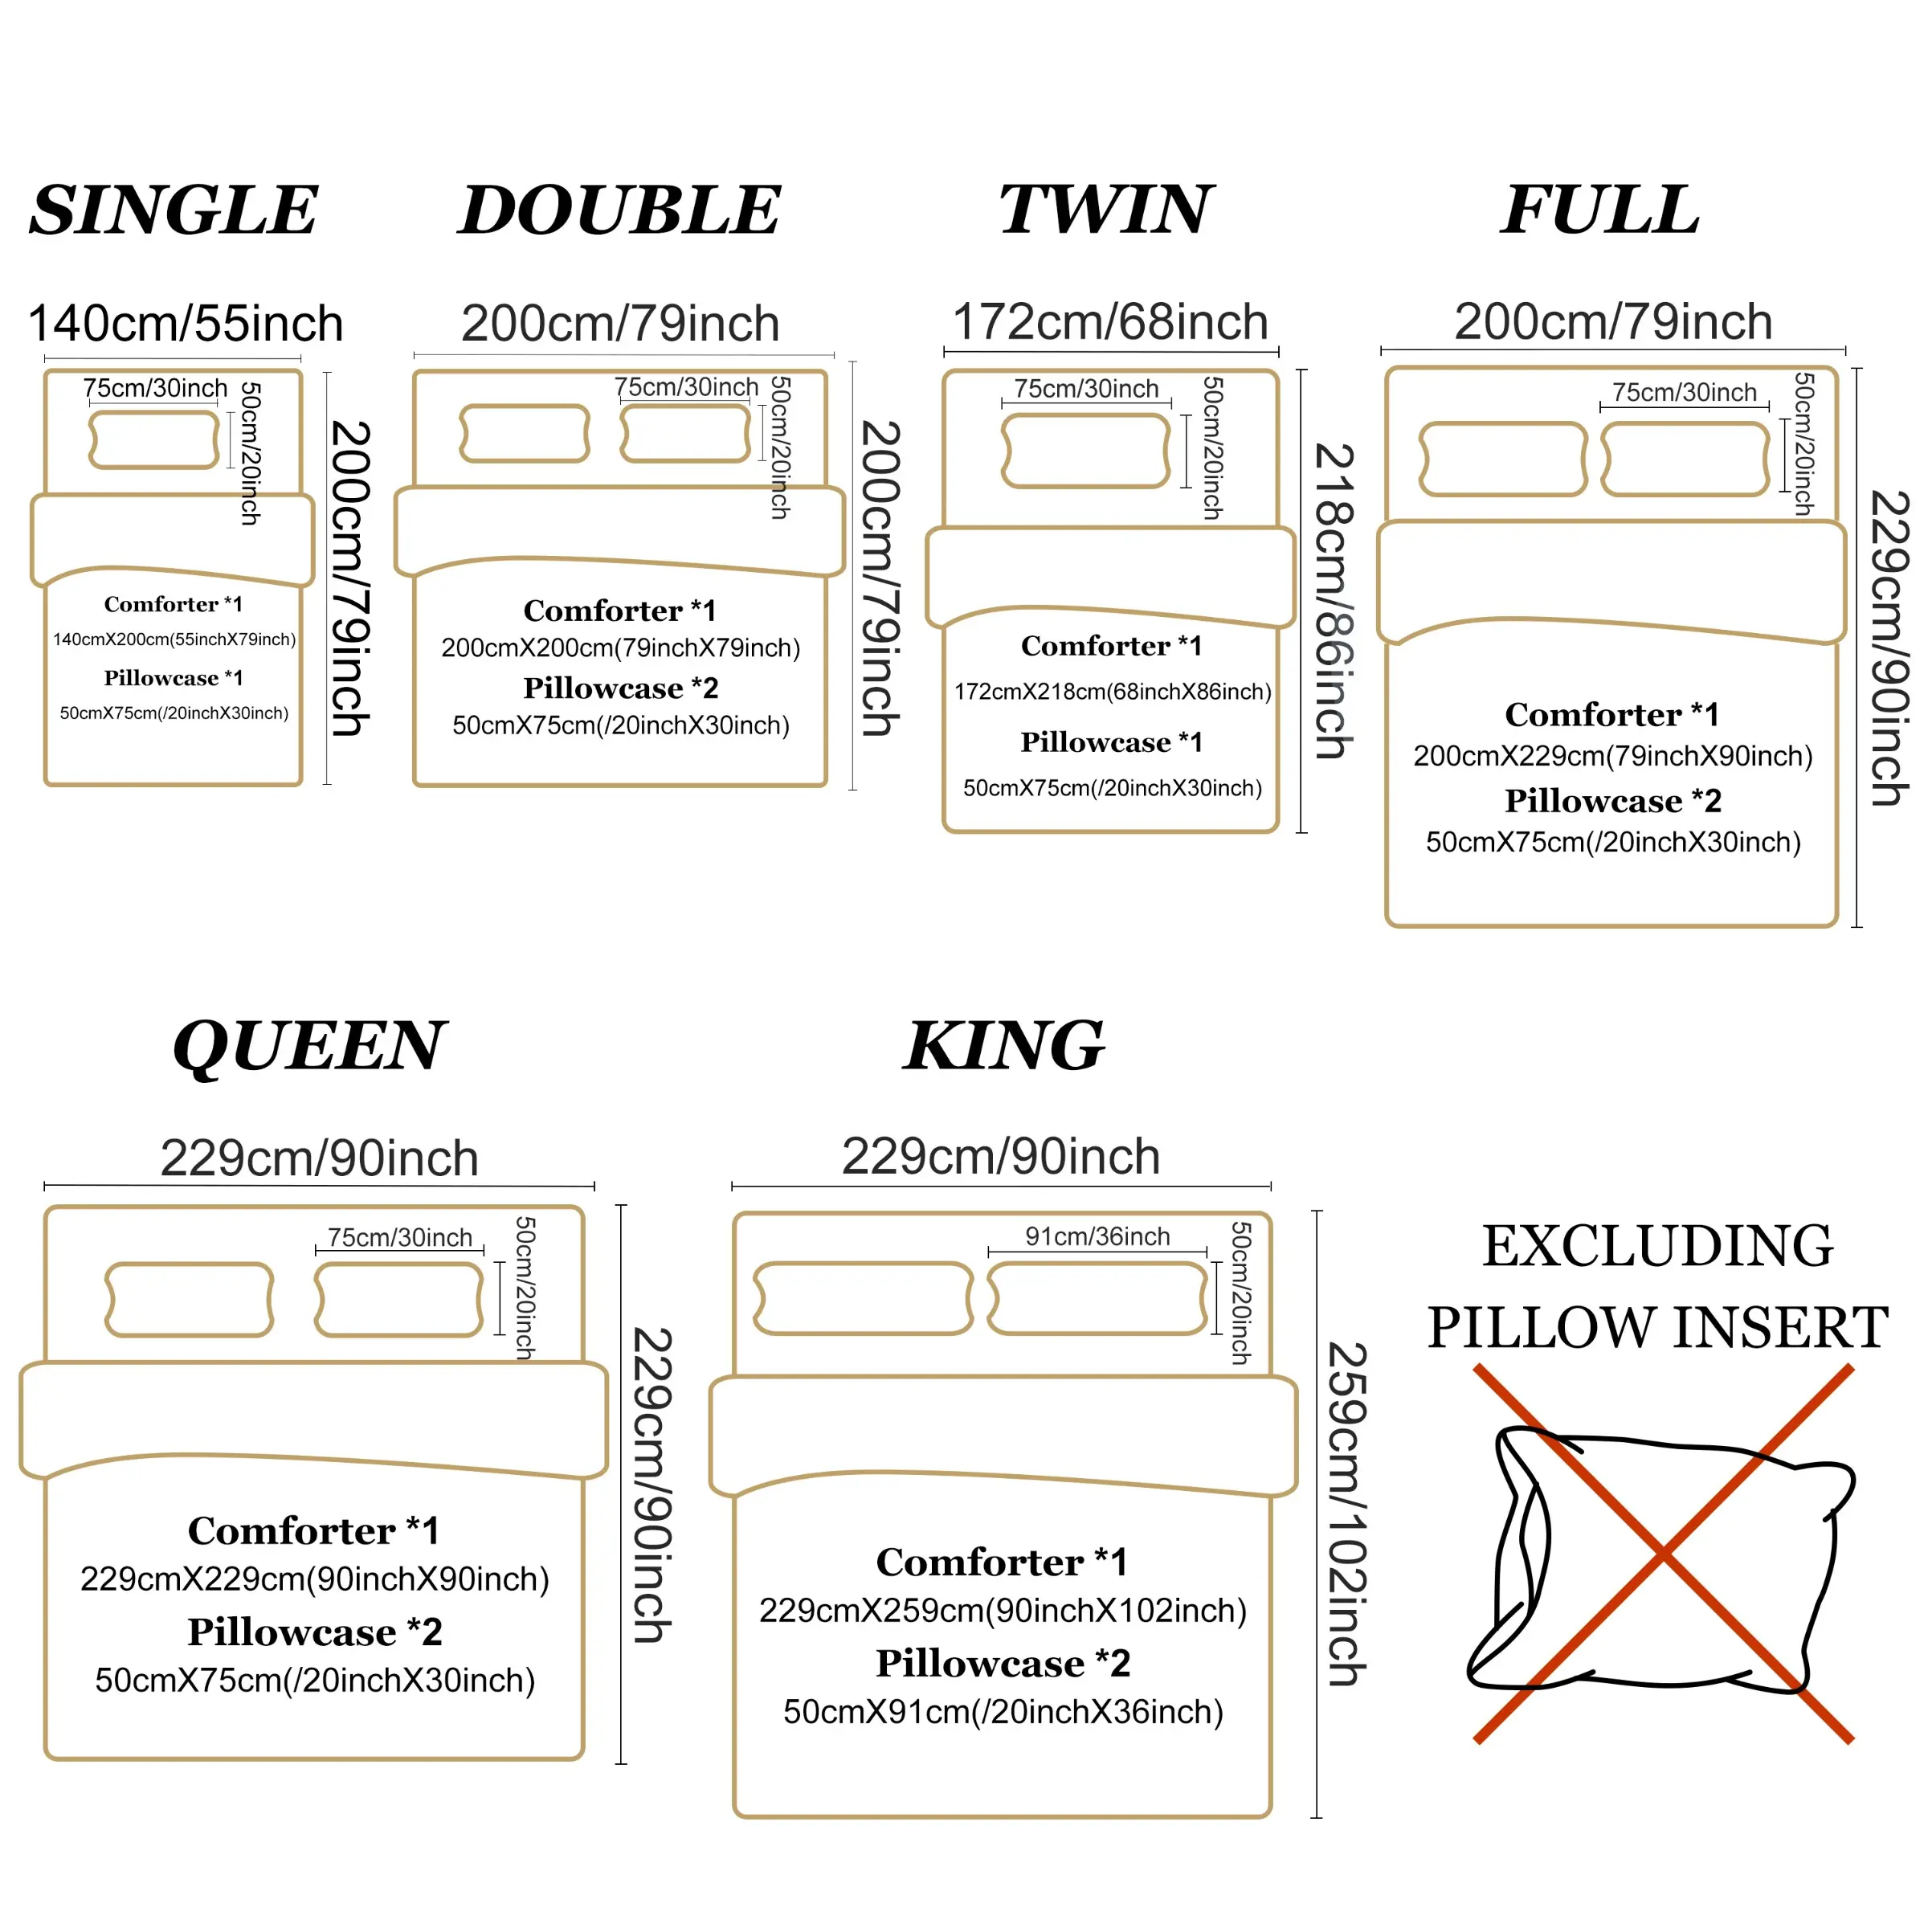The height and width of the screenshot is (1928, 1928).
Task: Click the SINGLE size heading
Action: (174, 210)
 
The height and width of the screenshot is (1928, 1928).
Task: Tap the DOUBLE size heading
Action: (619, 210)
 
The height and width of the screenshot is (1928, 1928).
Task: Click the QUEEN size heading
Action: (309, 1048)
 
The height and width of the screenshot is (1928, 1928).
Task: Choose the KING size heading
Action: (1004, 1046)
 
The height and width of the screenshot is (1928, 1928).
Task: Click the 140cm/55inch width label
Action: (186, 323)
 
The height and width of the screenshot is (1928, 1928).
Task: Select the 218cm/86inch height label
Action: (1334, 601)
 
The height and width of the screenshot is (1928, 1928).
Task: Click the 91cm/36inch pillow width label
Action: (1097, 1236)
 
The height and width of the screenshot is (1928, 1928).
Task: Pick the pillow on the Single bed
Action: (153, 439)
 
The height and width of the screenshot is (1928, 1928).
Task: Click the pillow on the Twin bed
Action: (1086, 451)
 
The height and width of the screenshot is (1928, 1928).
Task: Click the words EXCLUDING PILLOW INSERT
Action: (1657, 1286)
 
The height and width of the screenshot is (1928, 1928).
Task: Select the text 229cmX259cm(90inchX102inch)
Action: (1003, 1611)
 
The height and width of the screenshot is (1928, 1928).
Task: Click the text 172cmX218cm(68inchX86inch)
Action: (1113, 692)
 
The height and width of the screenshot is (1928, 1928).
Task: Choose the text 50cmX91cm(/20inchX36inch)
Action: (1003, 1713)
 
